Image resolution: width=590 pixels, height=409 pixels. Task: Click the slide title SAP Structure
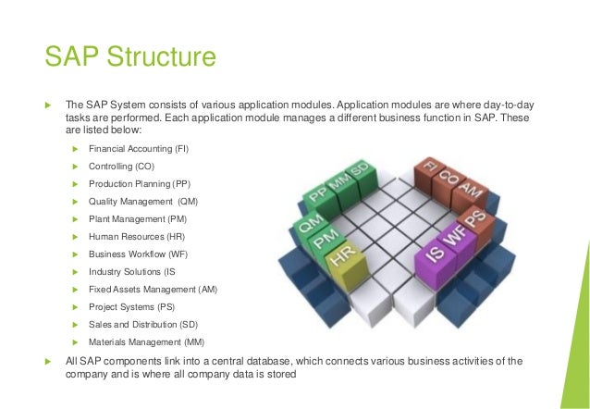coord(130,56)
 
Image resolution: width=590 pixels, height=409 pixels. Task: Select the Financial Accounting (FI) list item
coord(142,148)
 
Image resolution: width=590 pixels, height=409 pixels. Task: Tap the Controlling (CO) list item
coord(121,166)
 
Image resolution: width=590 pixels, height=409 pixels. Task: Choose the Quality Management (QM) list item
coord(142,201)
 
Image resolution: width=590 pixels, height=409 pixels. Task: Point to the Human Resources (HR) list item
coord(137,236)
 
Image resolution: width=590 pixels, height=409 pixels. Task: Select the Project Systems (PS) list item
coord(129,306)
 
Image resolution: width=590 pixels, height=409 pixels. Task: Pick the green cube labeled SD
coord(360,175)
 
